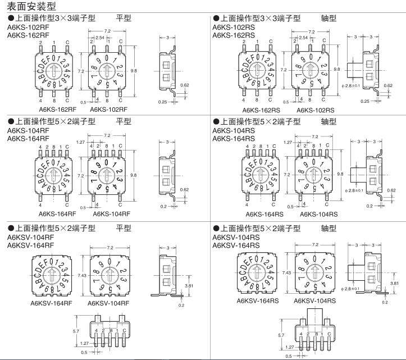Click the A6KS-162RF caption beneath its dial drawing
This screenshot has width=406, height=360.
click(x=57, y=110)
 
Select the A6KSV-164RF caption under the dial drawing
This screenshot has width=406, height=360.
click(x=52, y=303)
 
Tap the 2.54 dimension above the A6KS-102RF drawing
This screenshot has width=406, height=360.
click(x=99, y=38)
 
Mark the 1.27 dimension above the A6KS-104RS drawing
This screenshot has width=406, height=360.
click(x=288, y=142)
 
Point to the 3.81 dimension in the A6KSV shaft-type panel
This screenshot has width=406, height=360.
click(x=395, y=284)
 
